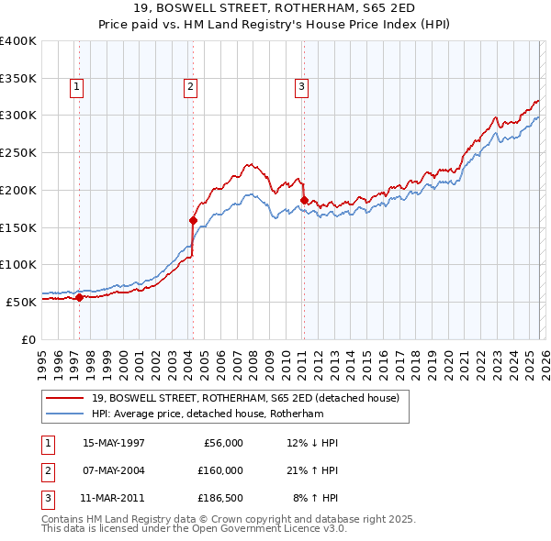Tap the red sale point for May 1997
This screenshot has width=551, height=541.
coord(80,297)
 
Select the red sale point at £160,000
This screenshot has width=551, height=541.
coord(193,220)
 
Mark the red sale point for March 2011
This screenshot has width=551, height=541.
coord(304,199)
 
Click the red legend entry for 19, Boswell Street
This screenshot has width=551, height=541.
coord(245,399)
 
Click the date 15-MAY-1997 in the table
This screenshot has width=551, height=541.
coord(114,443)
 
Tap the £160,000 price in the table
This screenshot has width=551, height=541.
coord(220,469)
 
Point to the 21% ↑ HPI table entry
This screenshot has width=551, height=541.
coord(313,469)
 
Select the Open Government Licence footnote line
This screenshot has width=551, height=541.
coord(195,529)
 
